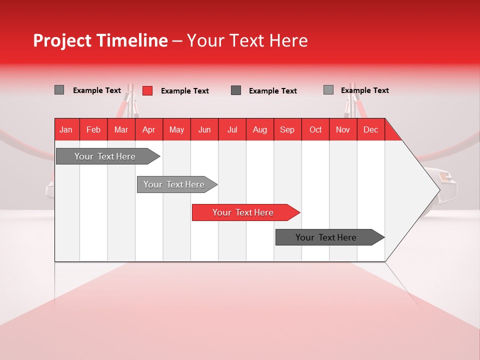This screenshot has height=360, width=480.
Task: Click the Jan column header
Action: coord(66,129)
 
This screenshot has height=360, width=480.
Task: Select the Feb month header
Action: coord(93,129)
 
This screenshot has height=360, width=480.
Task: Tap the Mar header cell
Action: coord(121,129)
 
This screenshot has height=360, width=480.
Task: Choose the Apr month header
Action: coord(149,129)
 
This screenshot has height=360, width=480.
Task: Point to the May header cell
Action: coord(176,129)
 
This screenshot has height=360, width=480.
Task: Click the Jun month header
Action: coord(204,129)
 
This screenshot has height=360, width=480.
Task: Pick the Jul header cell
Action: coord(232,129)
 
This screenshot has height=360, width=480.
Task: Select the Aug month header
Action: coord(260,129)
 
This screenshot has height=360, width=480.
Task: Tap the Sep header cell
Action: coord(287,129)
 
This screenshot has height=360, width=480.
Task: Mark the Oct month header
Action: coord(315,129)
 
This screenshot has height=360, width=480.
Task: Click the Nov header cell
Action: coord(343,129)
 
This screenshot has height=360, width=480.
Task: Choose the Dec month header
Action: coord(370,129)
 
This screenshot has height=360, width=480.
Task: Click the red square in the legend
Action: coord(147,90)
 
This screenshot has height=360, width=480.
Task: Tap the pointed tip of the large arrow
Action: coord(438,189)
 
